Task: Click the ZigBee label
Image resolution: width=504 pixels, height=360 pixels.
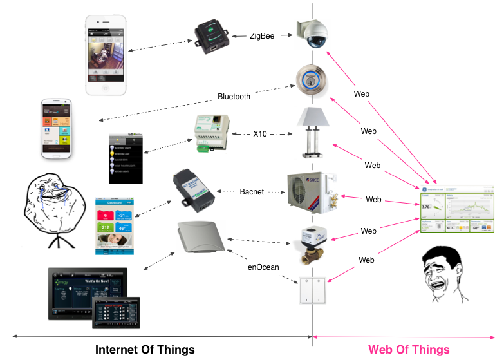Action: tap(262, 36)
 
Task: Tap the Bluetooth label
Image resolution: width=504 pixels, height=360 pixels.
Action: tap(234, 97)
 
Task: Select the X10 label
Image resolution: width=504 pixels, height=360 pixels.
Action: tap(259, 134)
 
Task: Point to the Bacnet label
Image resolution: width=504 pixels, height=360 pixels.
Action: tap(253, 192)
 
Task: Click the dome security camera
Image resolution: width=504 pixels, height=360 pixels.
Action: tap(313, 33)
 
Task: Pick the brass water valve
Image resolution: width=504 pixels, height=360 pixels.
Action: tap(310, 244)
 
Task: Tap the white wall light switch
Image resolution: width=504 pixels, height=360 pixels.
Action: tap(313, 290)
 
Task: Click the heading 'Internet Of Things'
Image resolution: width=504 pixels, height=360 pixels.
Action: tap(145, 350)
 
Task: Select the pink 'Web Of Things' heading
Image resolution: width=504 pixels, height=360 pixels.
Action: tap(409, 350)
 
